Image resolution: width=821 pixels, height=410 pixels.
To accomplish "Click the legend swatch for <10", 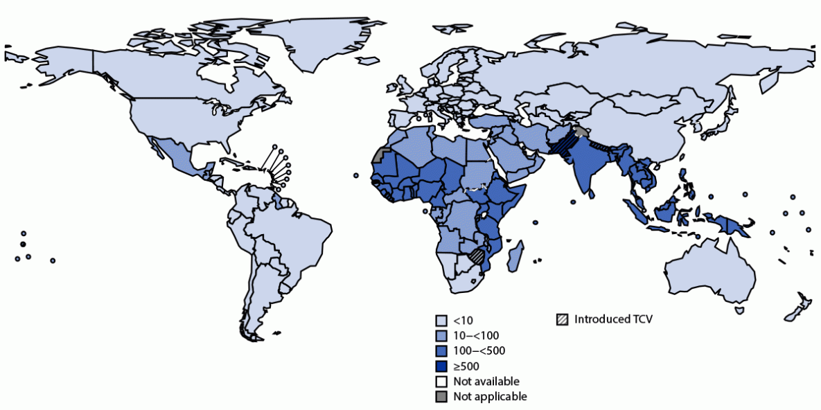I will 441,321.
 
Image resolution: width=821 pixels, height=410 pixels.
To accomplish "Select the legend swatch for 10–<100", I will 441,336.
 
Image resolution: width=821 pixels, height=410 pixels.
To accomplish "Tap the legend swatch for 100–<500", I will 441,351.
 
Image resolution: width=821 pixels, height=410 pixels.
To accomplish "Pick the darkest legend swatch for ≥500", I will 441,366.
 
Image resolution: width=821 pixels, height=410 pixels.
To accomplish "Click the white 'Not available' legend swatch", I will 441,382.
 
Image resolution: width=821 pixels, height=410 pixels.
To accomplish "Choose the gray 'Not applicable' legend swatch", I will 441,397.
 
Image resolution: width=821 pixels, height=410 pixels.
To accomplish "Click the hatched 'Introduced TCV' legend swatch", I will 562,320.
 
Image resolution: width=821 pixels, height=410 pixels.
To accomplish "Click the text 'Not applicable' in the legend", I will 490,397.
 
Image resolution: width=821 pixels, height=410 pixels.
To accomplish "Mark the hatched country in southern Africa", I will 477,256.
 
